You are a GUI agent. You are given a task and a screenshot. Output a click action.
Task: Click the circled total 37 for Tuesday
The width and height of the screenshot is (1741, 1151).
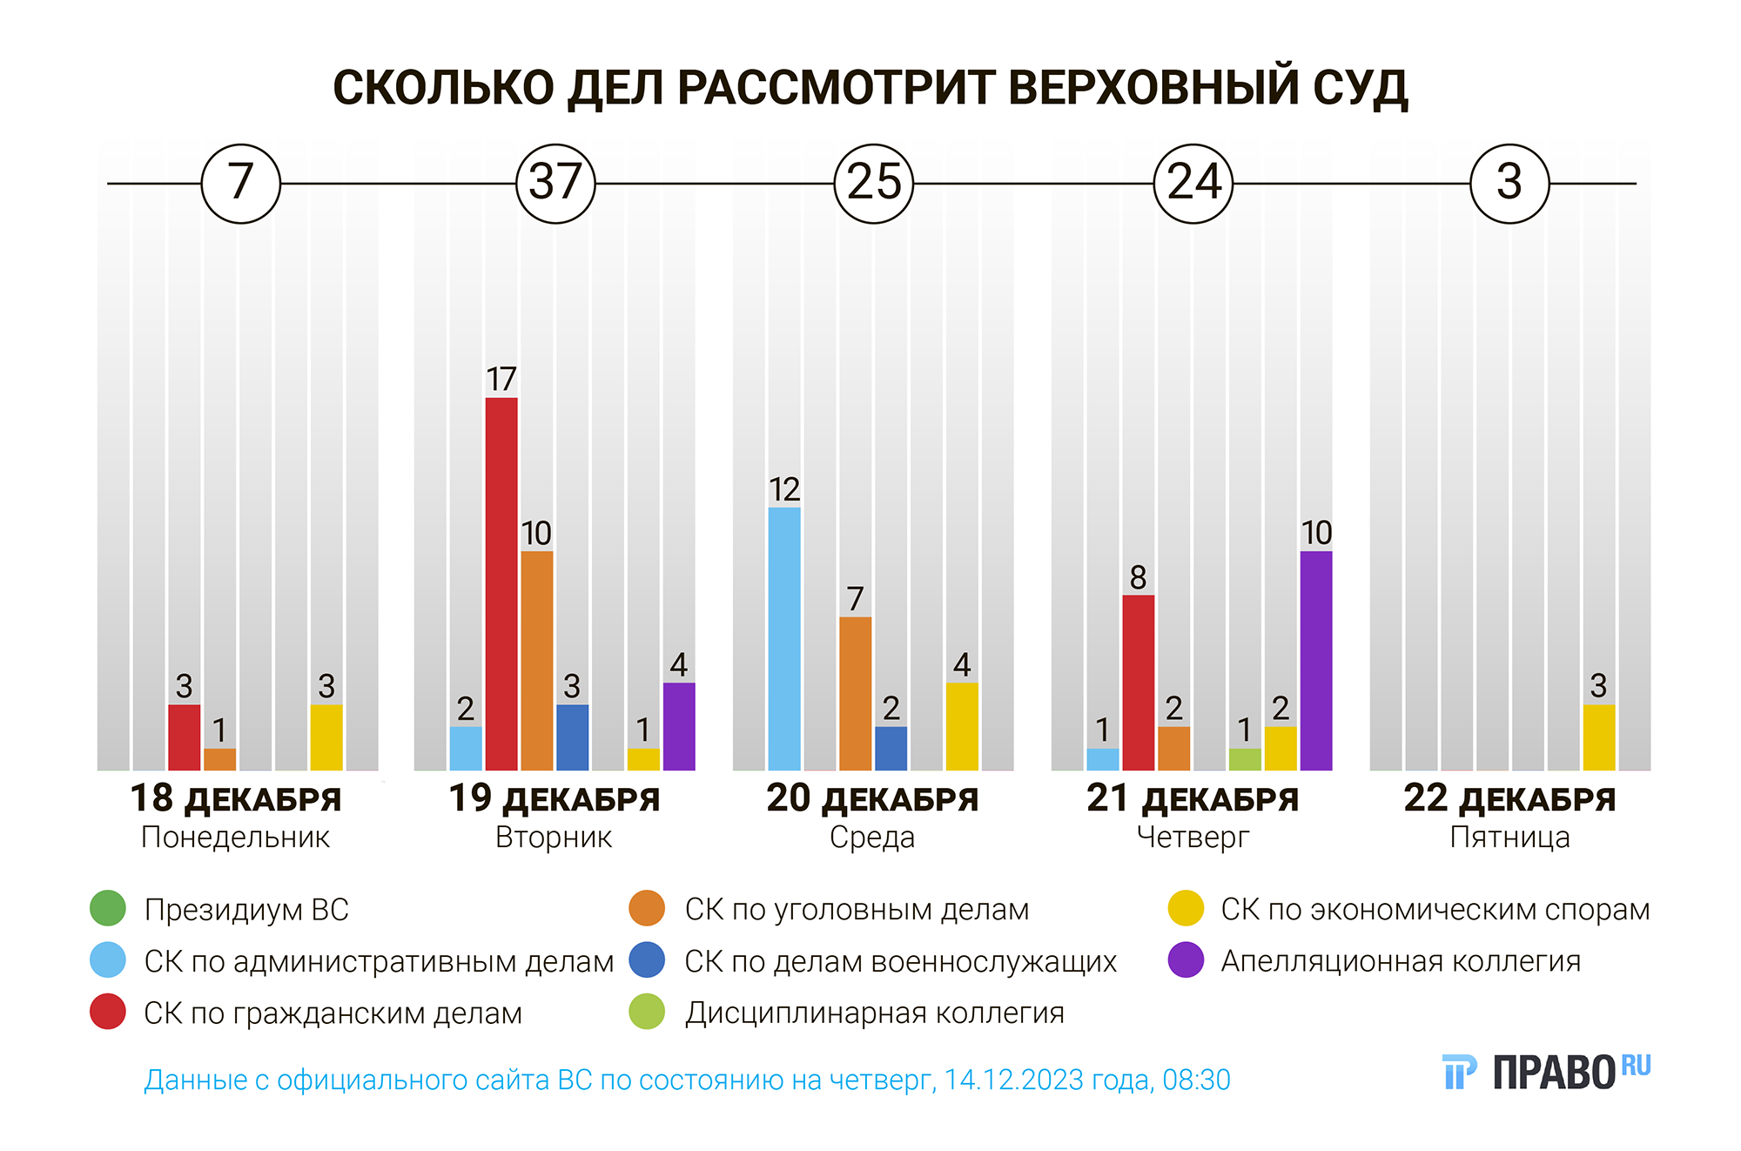(555, 183)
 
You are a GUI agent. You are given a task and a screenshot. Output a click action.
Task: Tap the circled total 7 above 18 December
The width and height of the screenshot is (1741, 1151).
(240, 183)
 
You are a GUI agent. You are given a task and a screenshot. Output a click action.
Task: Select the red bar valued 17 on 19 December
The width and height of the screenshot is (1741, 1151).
(501, 583)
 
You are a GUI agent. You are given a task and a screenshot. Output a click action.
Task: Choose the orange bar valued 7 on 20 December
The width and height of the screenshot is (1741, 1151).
(855, 693)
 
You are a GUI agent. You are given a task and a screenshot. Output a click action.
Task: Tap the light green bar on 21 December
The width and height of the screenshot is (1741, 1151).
(1245, 758)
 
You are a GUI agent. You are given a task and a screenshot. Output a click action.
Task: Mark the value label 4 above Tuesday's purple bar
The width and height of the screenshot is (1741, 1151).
(679, 665)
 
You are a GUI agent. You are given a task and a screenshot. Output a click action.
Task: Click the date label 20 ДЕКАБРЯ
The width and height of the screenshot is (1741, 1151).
(872, 798)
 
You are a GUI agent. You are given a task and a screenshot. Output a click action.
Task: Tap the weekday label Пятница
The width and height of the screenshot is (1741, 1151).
(1509, 838)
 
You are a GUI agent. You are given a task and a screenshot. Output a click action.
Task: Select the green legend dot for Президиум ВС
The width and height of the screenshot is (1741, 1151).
(108, 908)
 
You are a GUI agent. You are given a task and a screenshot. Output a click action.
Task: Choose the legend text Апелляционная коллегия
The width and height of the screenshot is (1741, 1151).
(1400, 961)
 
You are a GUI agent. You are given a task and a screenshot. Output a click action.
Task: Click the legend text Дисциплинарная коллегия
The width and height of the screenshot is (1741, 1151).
(874, 1013)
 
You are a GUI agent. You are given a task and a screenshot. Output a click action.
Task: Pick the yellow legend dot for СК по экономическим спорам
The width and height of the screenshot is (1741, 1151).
(1186, 908)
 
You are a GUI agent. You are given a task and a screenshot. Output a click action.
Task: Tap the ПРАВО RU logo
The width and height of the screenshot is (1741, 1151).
(1546, 1072)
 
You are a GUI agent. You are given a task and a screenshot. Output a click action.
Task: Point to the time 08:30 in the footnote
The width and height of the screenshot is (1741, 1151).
(1196, 1080)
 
